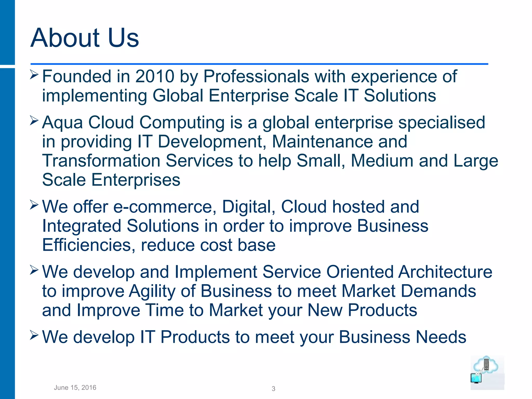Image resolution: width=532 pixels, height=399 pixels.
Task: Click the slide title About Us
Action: click(85, 38)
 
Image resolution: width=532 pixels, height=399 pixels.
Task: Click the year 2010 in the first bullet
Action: click(155, 76)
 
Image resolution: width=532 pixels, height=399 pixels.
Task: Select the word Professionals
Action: click(256, 76)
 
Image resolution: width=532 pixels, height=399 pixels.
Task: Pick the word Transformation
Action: click(101, 161)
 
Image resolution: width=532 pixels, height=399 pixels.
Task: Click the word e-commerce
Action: click(165, 207)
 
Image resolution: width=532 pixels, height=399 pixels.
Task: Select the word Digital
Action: click(249, 207)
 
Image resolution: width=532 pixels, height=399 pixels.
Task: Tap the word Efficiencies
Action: click(89, 245)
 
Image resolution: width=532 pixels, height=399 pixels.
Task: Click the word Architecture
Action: click(445, 272)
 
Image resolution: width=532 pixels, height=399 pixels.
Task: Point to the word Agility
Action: click(152, 291)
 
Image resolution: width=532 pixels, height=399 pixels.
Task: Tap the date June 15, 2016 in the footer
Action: click(75, 388)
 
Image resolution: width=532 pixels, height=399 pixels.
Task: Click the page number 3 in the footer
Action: click(273, 389)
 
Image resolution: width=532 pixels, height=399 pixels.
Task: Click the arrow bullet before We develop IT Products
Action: click(34, 335)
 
